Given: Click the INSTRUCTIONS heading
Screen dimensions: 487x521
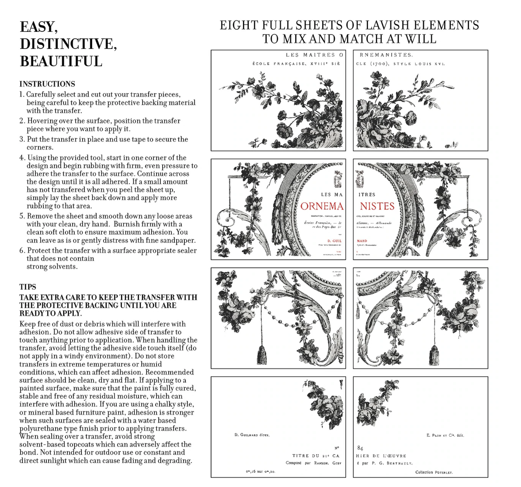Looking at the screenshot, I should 47,84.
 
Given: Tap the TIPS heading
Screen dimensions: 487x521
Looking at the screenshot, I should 28,287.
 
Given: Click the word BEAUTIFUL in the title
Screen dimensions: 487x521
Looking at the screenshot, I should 61,62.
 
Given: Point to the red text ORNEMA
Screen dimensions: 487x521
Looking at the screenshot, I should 322,206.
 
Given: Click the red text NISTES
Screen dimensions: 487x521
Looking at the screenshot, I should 377,206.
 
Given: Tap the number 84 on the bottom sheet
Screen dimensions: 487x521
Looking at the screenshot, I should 360,448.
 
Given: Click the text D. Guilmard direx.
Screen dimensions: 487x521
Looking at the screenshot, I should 252,435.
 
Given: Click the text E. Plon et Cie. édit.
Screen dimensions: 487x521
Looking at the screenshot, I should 445,435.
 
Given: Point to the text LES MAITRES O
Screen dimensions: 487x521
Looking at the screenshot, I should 314,55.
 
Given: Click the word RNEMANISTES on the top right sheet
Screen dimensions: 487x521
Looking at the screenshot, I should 386,55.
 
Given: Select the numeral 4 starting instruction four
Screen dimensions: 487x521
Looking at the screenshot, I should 22,158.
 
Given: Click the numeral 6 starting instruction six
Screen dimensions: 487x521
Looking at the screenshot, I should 22,250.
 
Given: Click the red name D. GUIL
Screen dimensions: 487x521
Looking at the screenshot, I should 334,241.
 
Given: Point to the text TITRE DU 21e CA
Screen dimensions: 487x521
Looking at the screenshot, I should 316,456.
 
